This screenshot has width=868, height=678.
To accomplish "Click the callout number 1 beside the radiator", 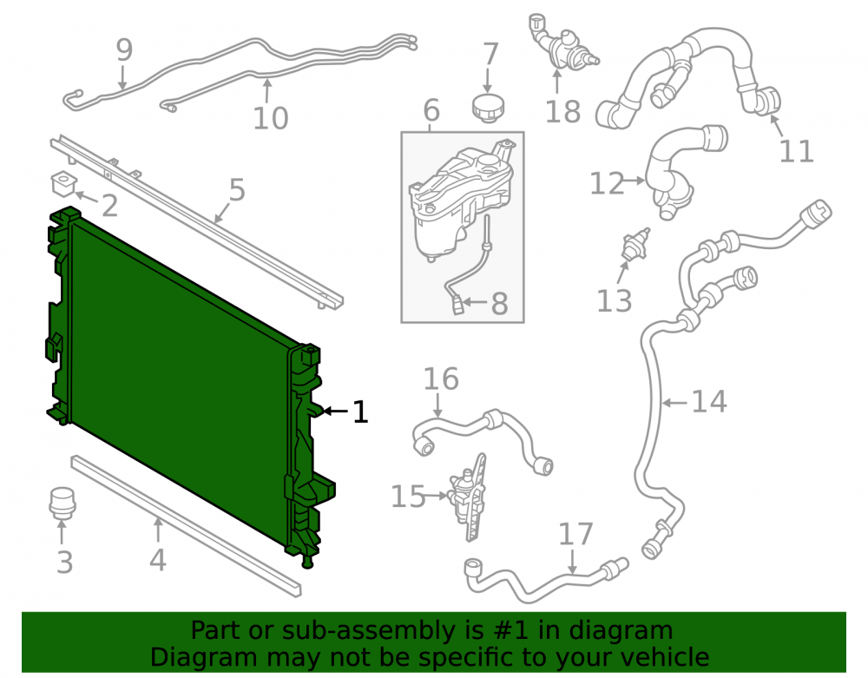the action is (360, 412).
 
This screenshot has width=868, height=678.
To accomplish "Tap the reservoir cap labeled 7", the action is (488, 108).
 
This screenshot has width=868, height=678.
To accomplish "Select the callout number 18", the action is (562, 112).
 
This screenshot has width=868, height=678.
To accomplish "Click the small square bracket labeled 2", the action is (63, 184).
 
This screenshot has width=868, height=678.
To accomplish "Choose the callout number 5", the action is (237, 190).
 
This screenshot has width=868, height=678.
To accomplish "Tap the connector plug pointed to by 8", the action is (457, 305).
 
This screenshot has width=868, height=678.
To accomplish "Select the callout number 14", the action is (709, 401).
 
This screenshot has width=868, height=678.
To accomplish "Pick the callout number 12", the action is (607, 184).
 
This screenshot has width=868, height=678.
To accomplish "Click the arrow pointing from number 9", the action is (122, 76).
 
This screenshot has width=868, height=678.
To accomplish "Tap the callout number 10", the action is (271, 118).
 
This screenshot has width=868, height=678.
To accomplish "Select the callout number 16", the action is (441, 379).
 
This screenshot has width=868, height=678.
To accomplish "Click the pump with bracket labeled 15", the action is (467, 496).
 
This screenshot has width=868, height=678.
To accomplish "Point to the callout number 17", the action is (575, 534).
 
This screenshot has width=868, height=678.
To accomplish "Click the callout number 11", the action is (797, 150).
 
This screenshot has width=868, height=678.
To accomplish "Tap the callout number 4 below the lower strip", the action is (158, 560).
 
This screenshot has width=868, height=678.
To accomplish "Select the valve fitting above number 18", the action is (560, 46).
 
